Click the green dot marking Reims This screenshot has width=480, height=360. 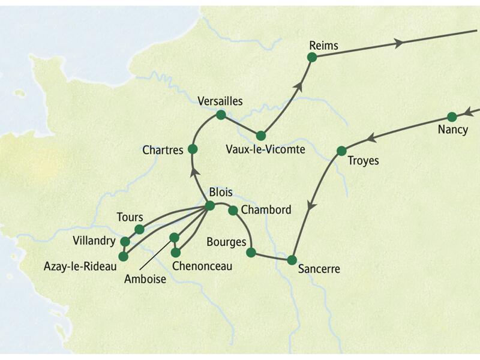click(x=311, y=57)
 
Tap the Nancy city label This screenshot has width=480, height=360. click(x=453, y=130)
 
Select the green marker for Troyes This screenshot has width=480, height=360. click(x=341, y=151)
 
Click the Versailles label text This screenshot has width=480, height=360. click(x=220, y=101)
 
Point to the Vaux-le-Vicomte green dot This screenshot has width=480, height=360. click(x=260, y=136)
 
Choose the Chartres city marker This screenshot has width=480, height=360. click(x=193, y=149)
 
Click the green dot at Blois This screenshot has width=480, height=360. click(x=209, y=206)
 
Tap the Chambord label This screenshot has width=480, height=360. click(x=266, y=210)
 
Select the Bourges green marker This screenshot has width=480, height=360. click(x=251, y=253)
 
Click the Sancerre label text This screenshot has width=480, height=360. click(x=319, y=269)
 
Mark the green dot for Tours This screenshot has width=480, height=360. click(x=139, y=229)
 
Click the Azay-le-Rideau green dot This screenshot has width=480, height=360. click(x=123, y=256)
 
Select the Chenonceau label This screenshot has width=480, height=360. click(x=202, y=266)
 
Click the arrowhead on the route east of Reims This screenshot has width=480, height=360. click(x=398, y=43)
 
